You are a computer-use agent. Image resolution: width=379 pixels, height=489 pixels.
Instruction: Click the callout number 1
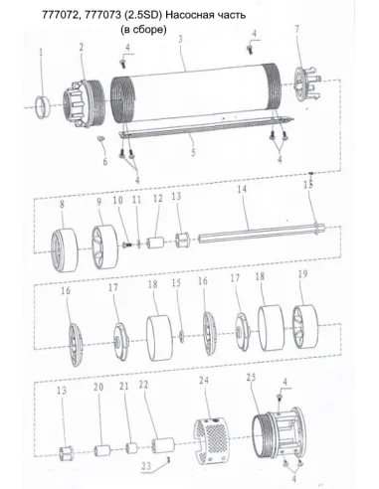(x=42, y=53)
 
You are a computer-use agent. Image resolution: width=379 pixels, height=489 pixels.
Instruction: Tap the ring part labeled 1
(x=43, y=106)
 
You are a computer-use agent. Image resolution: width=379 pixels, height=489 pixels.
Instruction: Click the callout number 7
(x=297, y=29)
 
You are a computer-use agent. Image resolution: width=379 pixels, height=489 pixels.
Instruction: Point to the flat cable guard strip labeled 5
(x=206, y=127)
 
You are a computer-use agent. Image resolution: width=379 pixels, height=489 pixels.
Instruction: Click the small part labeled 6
(x=101, y=138)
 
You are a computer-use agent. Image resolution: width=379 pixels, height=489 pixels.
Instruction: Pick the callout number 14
(x=242, y=189)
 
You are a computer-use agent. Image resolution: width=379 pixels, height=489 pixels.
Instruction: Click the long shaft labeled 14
(x=262, y=234)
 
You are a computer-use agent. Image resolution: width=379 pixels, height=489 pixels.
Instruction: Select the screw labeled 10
(x=127, y=244)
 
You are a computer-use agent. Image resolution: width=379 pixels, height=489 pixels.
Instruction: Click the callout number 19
(x=303, y=274)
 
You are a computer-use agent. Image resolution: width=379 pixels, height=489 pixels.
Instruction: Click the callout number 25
(x=251, y=378)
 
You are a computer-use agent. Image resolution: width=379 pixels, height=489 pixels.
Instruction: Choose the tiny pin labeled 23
(x=169, y=459)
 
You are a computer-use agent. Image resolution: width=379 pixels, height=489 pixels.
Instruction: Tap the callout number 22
(x=143, y=385)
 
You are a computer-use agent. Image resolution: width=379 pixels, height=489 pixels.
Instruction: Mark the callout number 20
(x=98, y=387)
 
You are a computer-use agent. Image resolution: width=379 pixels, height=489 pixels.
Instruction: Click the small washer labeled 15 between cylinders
(x=182, y=336)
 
